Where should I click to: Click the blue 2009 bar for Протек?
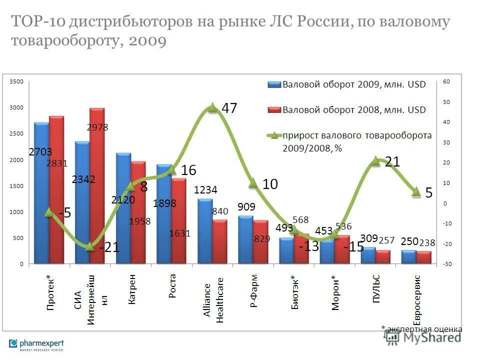[41, 200]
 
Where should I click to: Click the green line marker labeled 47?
[212, 107]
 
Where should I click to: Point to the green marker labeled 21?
[376, 160]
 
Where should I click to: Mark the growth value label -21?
[109, 247]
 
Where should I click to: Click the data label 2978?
[97, 127]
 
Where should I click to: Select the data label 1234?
[206, 190]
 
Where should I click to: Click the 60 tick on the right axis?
[446, 81]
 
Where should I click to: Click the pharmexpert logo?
[36, 344]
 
